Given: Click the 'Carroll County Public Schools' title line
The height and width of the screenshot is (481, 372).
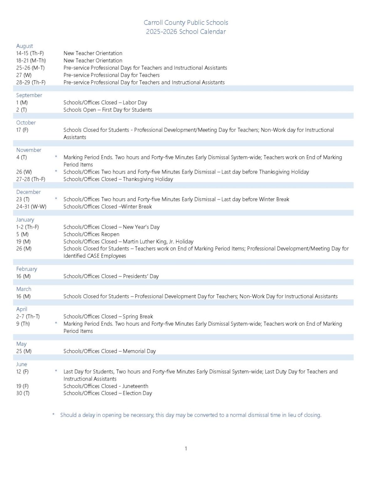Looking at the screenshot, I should point(186,23).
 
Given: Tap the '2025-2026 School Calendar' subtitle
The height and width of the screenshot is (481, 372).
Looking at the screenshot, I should point(186,32).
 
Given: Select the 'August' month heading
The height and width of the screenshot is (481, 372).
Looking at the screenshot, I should point(24,46).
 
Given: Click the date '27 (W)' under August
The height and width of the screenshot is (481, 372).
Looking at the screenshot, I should point(24,75).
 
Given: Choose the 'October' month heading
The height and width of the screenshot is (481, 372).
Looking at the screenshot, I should point(26,123).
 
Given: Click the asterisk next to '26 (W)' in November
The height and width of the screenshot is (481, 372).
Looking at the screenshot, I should point(56,171).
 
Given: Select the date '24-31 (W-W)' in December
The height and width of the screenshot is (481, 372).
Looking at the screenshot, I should point(31,207).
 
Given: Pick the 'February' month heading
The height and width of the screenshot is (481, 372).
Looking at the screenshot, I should point(27,269).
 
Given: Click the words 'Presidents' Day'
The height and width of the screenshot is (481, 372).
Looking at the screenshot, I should point(141,277).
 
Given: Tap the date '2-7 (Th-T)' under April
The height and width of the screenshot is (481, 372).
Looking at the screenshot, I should point(28,317).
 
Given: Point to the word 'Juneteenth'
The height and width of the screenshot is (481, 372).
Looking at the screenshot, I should point(135,386).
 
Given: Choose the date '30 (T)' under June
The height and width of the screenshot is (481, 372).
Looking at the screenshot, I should point(23,393).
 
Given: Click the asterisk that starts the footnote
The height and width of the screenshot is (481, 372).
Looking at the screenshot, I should point(53,415).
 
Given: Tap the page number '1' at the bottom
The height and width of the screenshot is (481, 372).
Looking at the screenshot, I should point(186,449).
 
